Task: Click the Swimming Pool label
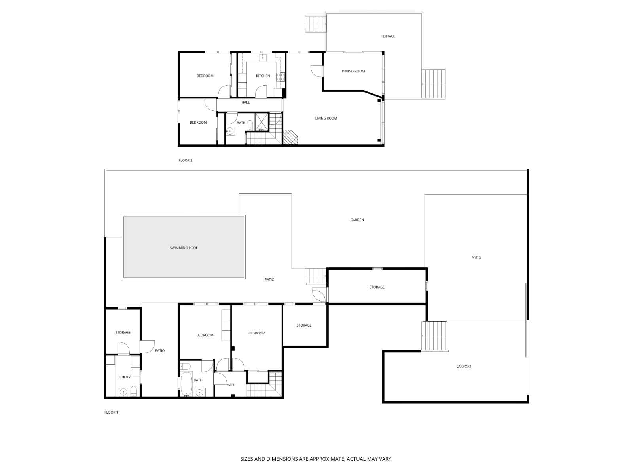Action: tap(184, 248)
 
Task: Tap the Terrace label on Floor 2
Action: tap(388, 36)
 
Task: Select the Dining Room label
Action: tap(353, 71)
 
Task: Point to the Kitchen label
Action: tap(263, 76)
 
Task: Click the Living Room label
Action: tap(326, 118)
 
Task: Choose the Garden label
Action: tap(357, 220)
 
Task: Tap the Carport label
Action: tap(463, 366)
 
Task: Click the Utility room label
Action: tap(125, 377)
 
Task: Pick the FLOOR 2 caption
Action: tap(185, 160)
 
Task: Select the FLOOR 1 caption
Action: tap(111, 412)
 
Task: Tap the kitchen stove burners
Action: tap(280, 77)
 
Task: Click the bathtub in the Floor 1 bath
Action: tap(186, 384)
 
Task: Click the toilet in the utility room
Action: tap(133, 391)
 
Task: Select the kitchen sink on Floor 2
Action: tap(262, 57)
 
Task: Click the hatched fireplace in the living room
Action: tap(290, 137)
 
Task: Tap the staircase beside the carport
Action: tap(434, 336)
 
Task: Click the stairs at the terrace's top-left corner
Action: tap(315, 24)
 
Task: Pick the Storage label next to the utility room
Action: tap(123, 332)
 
